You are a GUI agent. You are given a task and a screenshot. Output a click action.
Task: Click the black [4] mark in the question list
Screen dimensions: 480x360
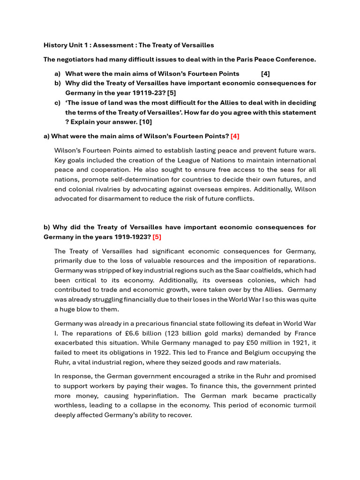pyautogui.click(x=265, y=74)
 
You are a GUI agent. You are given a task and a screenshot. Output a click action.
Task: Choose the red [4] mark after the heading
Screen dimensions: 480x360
pyautogui.click(x=235, y=136)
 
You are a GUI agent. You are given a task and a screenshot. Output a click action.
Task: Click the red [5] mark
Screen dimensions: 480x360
pyautogui.click(x=157, y=237)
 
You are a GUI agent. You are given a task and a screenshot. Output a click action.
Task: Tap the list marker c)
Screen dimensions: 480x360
pyautogui.click(x=58, y=103)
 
